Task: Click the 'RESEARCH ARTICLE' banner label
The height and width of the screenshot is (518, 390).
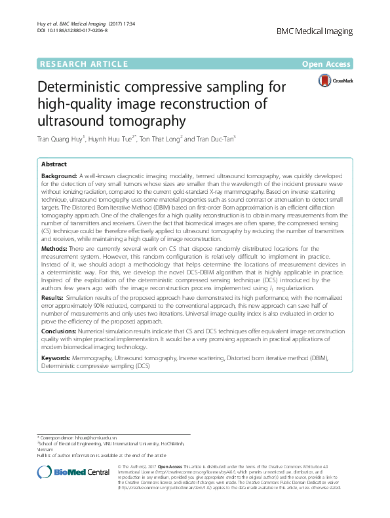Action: coord(84,64)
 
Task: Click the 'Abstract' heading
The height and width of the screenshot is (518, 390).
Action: coord(54,164)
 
